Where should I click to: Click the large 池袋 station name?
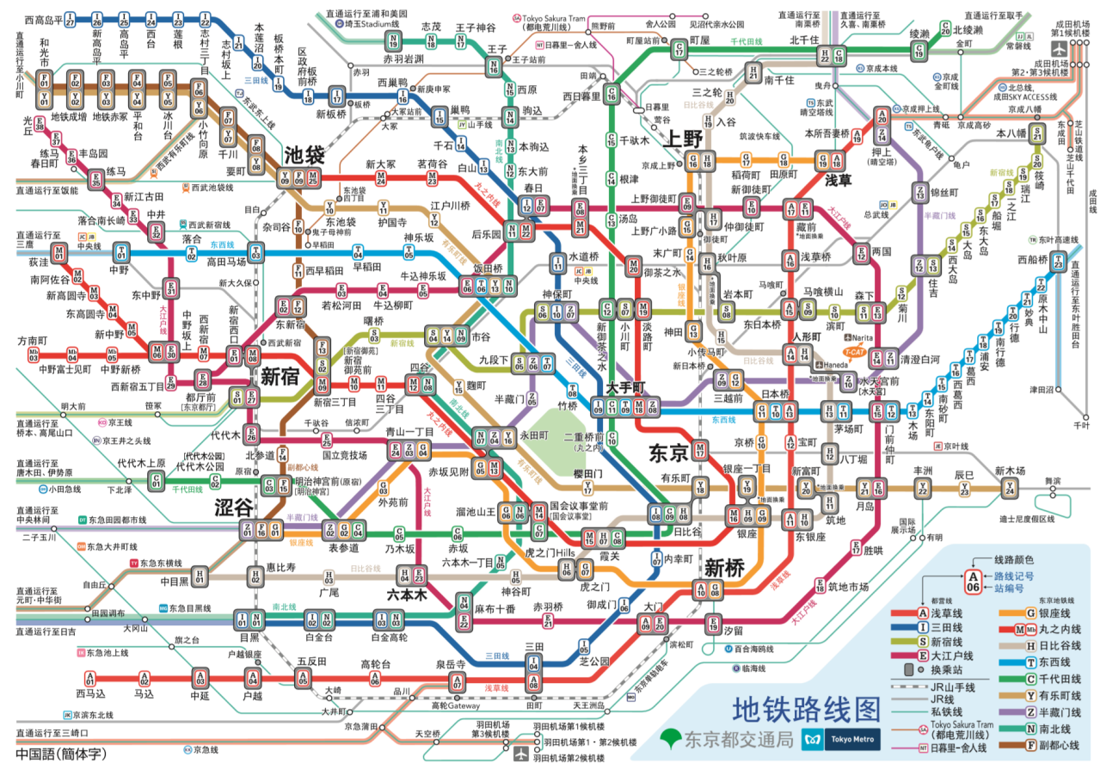(304, 155)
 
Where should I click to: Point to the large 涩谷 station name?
(235, 508)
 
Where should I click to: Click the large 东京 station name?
(668, 452)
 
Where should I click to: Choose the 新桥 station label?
(724, 568)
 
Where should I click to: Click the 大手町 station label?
(624, 387)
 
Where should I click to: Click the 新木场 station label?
(1010, 471)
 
